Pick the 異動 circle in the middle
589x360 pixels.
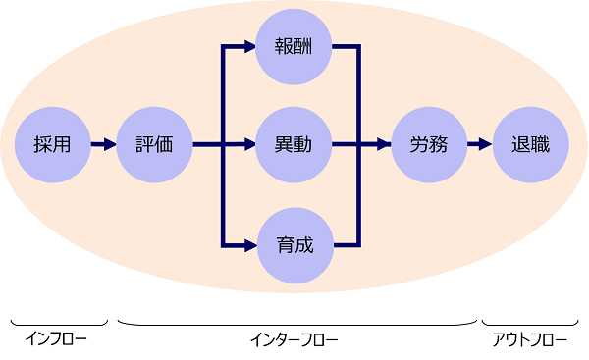point(293,145)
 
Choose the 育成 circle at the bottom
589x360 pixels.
point(293,244)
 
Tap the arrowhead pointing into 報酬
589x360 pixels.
point(246,45)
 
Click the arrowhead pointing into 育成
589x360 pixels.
point(246,244)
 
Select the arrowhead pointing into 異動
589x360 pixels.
point(246,145)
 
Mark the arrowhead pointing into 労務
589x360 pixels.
point(384,145)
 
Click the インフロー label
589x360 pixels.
point(56,340)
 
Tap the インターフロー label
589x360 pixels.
point(294,340)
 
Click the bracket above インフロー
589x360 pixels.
point(59,323)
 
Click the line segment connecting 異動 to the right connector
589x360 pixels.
point(346,145)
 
